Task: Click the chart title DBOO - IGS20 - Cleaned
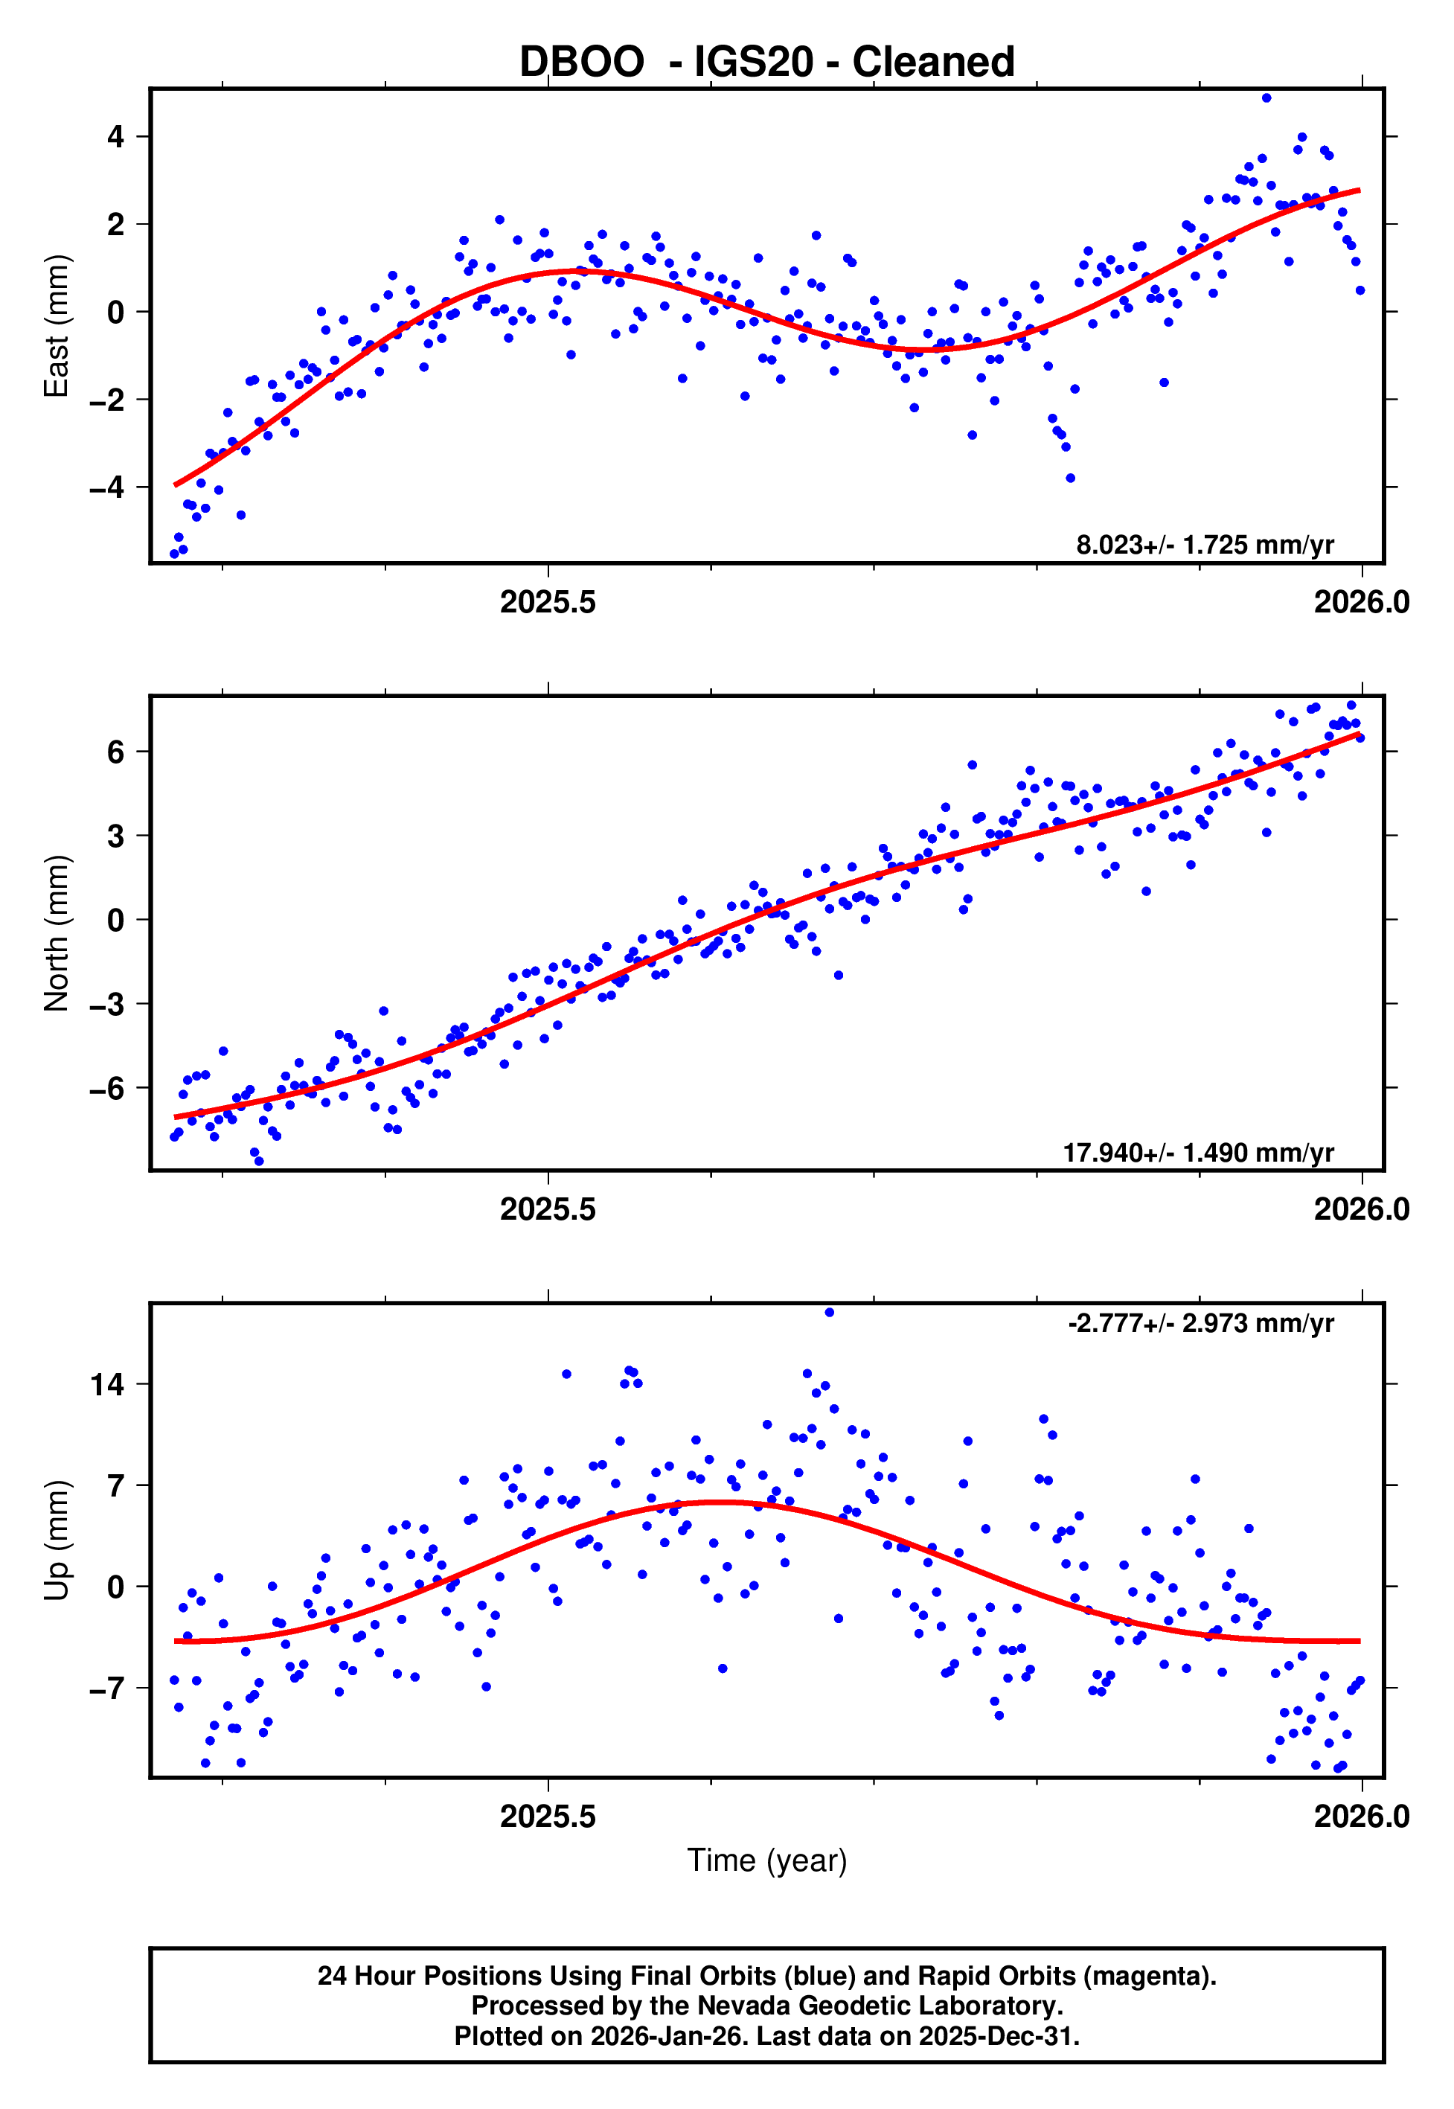pos(766,62)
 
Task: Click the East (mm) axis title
pos(57,326)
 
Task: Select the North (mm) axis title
pos(57,933)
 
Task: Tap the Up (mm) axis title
pos(57,1540)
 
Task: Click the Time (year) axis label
pos(766,1860)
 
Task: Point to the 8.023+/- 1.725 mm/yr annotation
pos(1205,545)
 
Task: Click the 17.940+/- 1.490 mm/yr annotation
pos(1198,1153)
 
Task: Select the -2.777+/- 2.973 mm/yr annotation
pos(1201,1323)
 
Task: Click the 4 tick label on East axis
pos(115,137)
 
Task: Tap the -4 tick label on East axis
pos(106,487)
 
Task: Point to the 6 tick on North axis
pos(115,752)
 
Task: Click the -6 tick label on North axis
pos(106,1088)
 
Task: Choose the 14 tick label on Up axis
pos(106,1385)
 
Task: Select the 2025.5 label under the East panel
pos(548,602)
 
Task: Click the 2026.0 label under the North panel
pos(1361,1210)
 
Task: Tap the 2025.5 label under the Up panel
pos(548,1817)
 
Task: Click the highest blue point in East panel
pos(1266,97)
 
